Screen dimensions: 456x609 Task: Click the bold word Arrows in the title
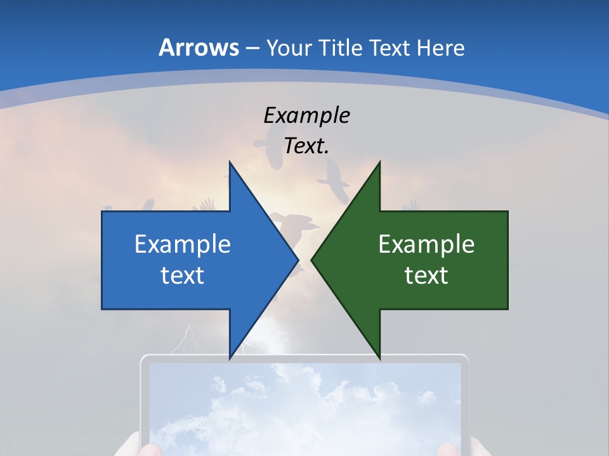199,47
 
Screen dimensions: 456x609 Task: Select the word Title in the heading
340,47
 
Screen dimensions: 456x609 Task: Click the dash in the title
252,48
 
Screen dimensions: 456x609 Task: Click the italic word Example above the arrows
306,115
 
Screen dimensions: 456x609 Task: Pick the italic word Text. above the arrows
306,146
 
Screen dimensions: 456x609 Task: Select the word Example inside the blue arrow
183,244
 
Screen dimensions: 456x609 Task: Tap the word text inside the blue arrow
183,275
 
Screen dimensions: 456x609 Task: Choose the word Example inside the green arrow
426,244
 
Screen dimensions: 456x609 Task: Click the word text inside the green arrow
426,275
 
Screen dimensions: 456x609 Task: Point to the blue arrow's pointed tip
298,260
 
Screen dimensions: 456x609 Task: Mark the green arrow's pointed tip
311,260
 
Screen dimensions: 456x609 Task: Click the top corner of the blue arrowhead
230,162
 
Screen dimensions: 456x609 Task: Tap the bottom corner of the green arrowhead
379,358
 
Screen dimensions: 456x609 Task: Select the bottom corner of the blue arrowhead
230,358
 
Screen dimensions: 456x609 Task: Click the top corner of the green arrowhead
379,162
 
